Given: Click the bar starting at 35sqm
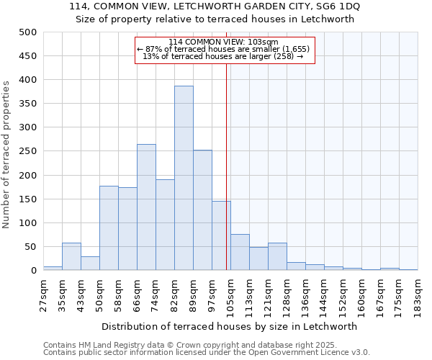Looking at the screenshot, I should click(71, 256).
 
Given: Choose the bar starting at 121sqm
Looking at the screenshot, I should click(277, 256).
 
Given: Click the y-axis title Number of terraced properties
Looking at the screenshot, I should click(6, 154).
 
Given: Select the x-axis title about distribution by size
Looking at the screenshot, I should click(230, 326).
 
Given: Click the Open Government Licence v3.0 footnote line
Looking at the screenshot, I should click(207, 353).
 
